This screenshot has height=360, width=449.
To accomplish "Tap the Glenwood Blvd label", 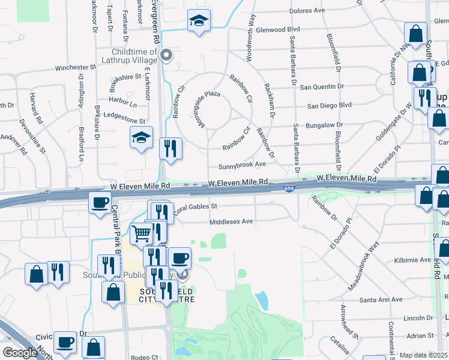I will pyautogui.click(x=277, y=29).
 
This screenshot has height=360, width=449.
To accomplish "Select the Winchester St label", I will pyautogui.click(x=76, y=68).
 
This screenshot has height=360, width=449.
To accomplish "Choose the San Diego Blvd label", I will pyautogui.click(x=329, y=105).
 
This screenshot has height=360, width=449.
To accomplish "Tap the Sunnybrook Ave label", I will pyautogui.click(x=242, y=164).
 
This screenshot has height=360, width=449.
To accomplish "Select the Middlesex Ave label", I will pyautogui.click(x=231, y=221).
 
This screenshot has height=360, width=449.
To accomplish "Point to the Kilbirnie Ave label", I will pyautogui.click(x=413, y=260).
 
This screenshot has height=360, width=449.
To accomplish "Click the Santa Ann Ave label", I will pyautogui.click(x=381, y=299).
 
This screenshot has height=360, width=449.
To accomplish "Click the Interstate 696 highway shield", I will pyautogui.click(x=289, y=189).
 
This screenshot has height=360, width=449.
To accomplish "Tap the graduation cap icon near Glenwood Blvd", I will pyautogui.click(x=199, y=21).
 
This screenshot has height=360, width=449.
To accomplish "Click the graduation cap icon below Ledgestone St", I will pyautogui.click(x=141, y=137).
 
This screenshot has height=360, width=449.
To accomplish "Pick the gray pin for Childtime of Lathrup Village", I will pyautogui.click(x=167, y=55).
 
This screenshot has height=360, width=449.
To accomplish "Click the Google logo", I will pyautogui.click(x=20, y=353).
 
